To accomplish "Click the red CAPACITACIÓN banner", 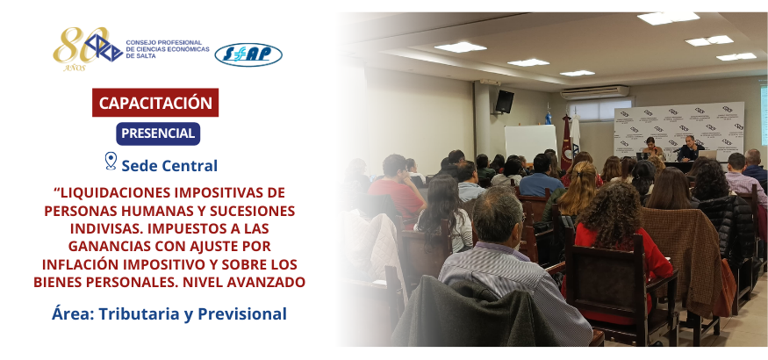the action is pos(155,103).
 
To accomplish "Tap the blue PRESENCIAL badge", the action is pos(158,133).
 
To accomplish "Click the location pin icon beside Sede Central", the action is pos(111,162).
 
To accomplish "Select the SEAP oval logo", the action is pos(248,54).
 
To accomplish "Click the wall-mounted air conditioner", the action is pos(594,92).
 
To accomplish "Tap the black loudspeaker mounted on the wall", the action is pos(504,101).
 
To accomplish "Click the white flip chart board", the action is pos(531,141).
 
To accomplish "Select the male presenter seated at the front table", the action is pos(690,149).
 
